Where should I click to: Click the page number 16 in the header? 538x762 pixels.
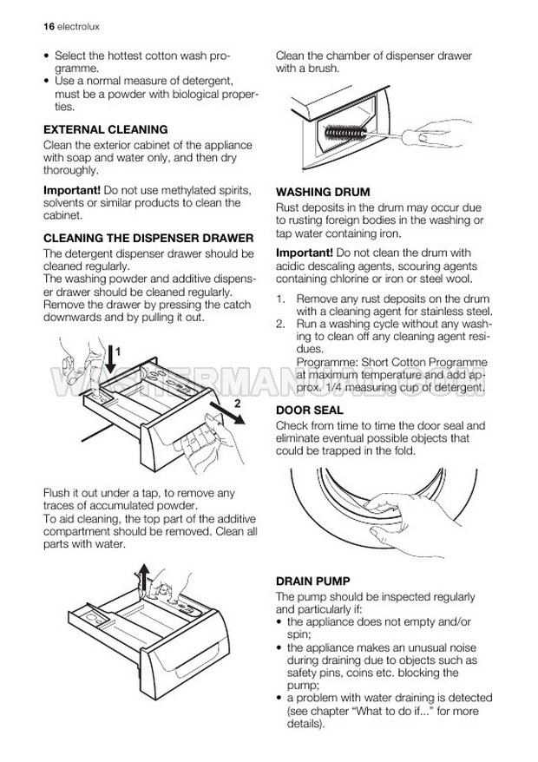(49, 27)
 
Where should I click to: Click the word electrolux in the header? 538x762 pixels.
(78, 27)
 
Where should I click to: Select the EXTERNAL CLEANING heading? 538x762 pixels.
(106, 130)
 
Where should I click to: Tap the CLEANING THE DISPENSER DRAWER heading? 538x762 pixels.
(148, 238)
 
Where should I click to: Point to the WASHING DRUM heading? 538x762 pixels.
(323, 192)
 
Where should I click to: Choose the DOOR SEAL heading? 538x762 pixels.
(310, 411)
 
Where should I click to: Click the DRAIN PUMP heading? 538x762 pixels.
(313, 581)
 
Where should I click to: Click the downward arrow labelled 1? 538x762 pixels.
(111, 359)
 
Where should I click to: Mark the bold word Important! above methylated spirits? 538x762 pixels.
(72, 190)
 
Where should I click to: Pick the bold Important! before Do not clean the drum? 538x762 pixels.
(305, 253)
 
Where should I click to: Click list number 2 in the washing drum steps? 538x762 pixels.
(280, 324)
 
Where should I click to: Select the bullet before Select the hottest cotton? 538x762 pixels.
(47, 56)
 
